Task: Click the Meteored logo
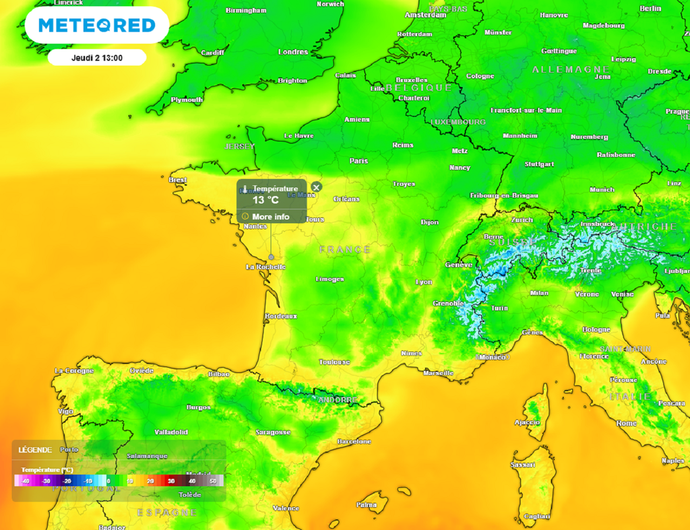[96, 26]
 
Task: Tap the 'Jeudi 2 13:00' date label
[97, 58]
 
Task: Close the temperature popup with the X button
[317, 187]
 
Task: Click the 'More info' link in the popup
[271, 217]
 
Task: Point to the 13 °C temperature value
[265, 200]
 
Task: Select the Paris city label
[358, 161]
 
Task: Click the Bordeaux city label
[281, 316]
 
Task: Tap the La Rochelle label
[265, 267]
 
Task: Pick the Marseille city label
[438, 372]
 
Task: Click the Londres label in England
[293, 52]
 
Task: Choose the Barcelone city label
[354, 442]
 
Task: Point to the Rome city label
[626, 423]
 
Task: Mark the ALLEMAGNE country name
[571, 69]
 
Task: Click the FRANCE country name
[345, 249]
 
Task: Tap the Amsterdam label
[425, 15]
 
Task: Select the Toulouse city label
[334, 362]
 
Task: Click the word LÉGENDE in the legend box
[34, 450]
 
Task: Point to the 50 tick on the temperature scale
[213, 481]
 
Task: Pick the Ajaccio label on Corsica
[527, 423]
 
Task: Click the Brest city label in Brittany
[178, 180]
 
